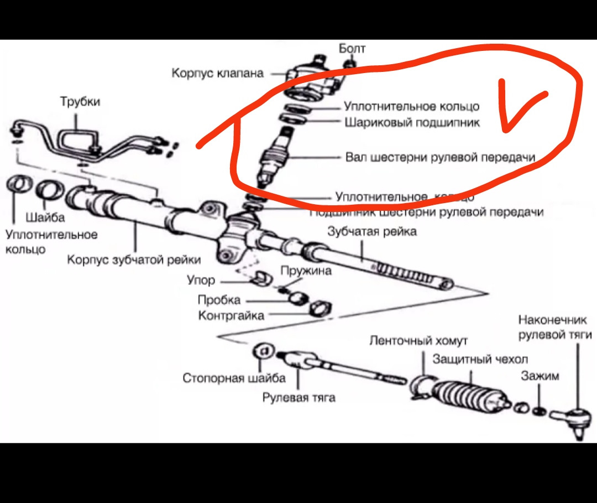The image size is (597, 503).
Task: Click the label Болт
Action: point(352,49)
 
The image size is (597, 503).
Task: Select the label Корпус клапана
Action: point(217,73)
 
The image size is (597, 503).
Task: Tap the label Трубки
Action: point(80,102)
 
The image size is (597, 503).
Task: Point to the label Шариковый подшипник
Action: point(412,123)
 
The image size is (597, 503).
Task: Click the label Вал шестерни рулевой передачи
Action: point(440,157)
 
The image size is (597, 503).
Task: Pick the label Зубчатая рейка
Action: point(372,231)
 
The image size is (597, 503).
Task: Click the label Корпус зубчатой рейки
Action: point(134,260)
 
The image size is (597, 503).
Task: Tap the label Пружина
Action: point(306,271)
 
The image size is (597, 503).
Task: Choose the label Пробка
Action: point(219,300)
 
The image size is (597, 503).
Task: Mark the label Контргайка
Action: point(231,316)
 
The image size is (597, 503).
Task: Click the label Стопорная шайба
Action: point(234,378)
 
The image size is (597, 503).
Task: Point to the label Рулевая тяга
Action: point(298,397)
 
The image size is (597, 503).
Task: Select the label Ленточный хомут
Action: point(418,340)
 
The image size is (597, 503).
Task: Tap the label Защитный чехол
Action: point(480,359)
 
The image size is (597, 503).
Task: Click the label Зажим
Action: point(540,376)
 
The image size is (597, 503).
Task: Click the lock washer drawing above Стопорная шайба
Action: point(264,351)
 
